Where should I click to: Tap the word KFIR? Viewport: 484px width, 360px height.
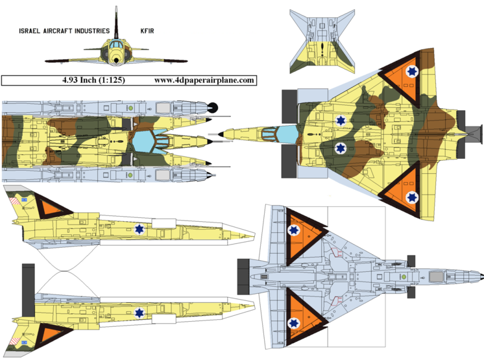[150, 30]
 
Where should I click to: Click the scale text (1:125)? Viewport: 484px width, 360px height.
[112, 80]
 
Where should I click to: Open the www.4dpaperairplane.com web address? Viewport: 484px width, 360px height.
[204, 80]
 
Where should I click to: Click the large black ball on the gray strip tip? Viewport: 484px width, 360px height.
[217, 108]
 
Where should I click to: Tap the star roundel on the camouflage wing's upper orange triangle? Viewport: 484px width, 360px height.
[410, 73]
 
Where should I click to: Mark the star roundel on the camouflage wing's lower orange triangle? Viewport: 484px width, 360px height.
[410, 197]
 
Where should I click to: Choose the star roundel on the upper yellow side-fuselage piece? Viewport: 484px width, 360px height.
[139, 228]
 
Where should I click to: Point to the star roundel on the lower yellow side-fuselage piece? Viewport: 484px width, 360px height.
[139, 314]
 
